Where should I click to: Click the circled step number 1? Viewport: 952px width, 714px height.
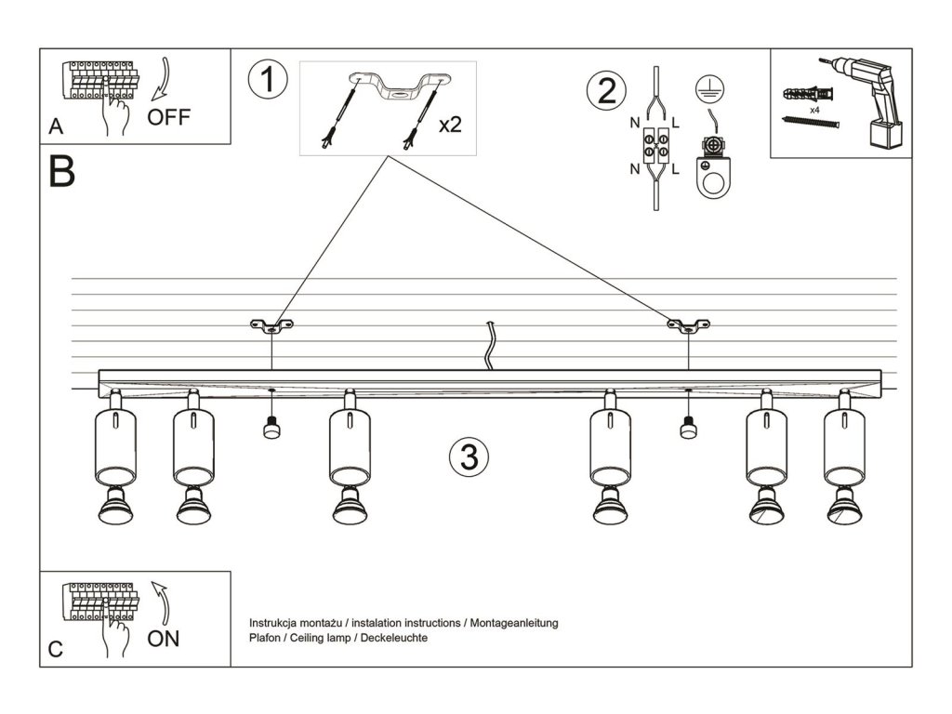coord(268,80)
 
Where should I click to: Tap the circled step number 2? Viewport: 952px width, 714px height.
coord(606,91)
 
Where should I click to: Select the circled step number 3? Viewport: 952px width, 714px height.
coord(469,456)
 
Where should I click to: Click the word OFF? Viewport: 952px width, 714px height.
coord(169,116)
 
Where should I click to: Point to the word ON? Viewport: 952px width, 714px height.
coord(164,638)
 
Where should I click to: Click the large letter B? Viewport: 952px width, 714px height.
coord(62,171)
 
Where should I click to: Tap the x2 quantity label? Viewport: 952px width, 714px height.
coord(450,126)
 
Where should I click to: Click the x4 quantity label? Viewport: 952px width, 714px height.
coord(814,111)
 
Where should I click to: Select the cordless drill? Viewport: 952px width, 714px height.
coord(866,100)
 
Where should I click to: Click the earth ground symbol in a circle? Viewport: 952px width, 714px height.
coord(709,89)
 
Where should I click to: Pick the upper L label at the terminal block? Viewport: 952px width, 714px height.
coord(675,124)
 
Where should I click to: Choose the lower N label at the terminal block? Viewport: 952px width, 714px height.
coord(635,169)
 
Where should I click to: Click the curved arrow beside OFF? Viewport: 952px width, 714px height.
coord(162,79)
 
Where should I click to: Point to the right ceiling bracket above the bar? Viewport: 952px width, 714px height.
coord(688,325)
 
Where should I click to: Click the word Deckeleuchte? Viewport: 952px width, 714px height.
coord(394,638)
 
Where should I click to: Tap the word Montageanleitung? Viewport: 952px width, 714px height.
coord(513,623)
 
